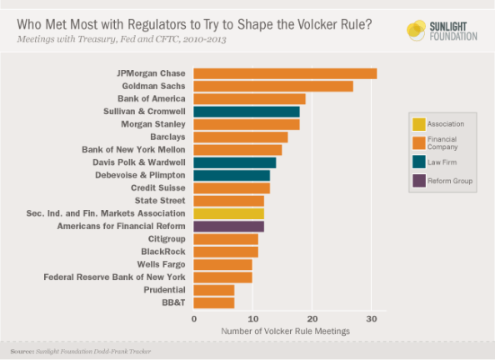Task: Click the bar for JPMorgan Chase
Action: pos(285,73)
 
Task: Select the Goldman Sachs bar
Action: pos(273,86)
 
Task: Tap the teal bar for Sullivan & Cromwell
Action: pos(247,112)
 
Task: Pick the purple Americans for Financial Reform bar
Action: pos(228,226)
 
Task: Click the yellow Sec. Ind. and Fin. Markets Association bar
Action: pos(228,213)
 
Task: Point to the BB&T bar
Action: pos(214,302)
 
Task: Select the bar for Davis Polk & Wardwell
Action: pos(235,162)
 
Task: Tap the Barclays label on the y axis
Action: pos(167,137)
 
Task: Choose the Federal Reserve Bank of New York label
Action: pos(115,277)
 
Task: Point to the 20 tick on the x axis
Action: pos(312,318)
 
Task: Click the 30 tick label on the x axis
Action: pos(371,318)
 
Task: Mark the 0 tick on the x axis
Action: pos(194,318)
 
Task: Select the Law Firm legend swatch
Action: pos(419,162)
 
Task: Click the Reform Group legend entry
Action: pos(445,181)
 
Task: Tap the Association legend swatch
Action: pos(419,123)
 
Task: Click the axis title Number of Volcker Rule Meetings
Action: pos(285,331)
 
